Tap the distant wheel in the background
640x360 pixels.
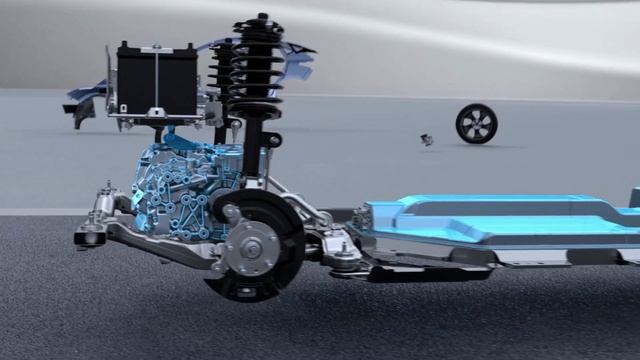point(476,123)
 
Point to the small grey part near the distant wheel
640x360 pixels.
point(427,140)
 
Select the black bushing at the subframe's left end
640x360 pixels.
point(89,237)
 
